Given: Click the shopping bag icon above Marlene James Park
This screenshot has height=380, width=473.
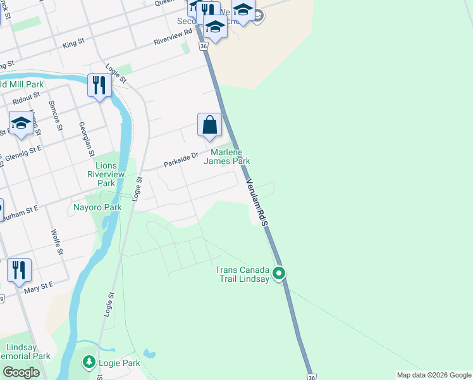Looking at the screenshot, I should point(209,125).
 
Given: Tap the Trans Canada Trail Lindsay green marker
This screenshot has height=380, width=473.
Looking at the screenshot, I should point(279,274).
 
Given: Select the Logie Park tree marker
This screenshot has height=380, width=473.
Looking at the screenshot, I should point(89,362).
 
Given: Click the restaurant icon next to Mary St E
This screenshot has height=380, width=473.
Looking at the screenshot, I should point(19,270).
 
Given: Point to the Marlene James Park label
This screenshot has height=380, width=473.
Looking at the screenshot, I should point(226,156).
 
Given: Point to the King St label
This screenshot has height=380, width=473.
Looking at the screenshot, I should point(74,43).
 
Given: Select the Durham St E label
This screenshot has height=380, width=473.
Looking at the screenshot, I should point(20,213).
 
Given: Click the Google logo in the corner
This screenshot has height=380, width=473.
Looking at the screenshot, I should point(21,372).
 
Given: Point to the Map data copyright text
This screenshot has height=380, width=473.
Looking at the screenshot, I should point(433,375).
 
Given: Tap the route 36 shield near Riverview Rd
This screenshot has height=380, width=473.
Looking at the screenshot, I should point(202,46).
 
